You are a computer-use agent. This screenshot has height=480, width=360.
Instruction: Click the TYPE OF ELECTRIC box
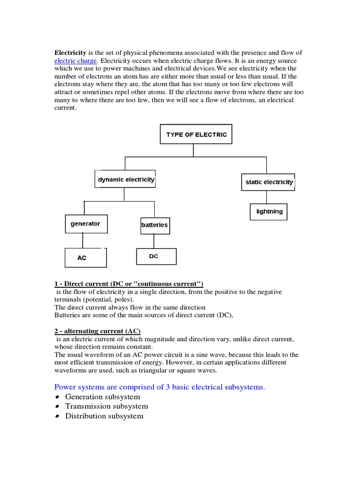coord(196,135)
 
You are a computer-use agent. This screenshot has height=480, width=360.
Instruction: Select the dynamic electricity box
coord(126,180)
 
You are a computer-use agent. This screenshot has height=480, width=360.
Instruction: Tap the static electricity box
coord(269,182)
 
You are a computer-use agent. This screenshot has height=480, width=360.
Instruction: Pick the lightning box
coord(269,211)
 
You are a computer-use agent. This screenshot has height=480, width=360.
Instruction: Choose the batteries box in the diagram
coord(154,225)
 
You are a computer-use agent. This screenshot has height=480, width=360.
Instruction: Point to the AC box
coord(85,258)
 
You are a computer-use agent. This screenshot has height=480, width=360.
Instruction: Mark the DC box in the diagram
coord(156,256)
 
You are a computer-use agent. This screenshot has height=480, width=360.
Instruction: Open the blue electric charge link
coord(75,60)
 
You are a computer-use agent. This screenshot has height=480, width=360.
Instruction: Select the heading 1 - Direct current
coord(129,284)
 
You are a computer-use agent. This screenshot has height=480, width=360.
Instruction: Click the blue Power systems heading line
coord(160,387)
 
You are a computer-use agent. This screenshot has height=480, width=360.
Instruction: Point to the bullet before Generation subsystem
coord(58,397)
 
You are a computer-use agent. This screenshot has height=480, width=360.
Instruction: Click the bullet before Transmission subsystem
coord(58,407)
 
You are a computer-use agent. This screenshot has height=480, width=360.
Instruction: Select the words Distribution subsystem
coord(104,416)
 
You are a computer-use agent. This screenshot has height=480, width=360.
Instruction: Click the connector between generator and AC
coord(83,240)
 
